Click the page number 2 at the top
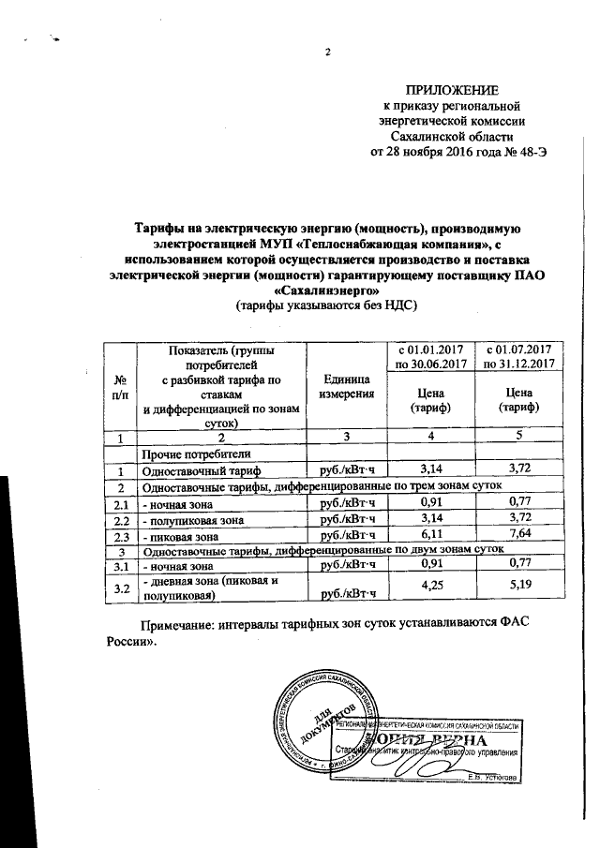point(329,52)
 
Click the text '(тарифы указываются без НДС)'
point(324,305)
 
